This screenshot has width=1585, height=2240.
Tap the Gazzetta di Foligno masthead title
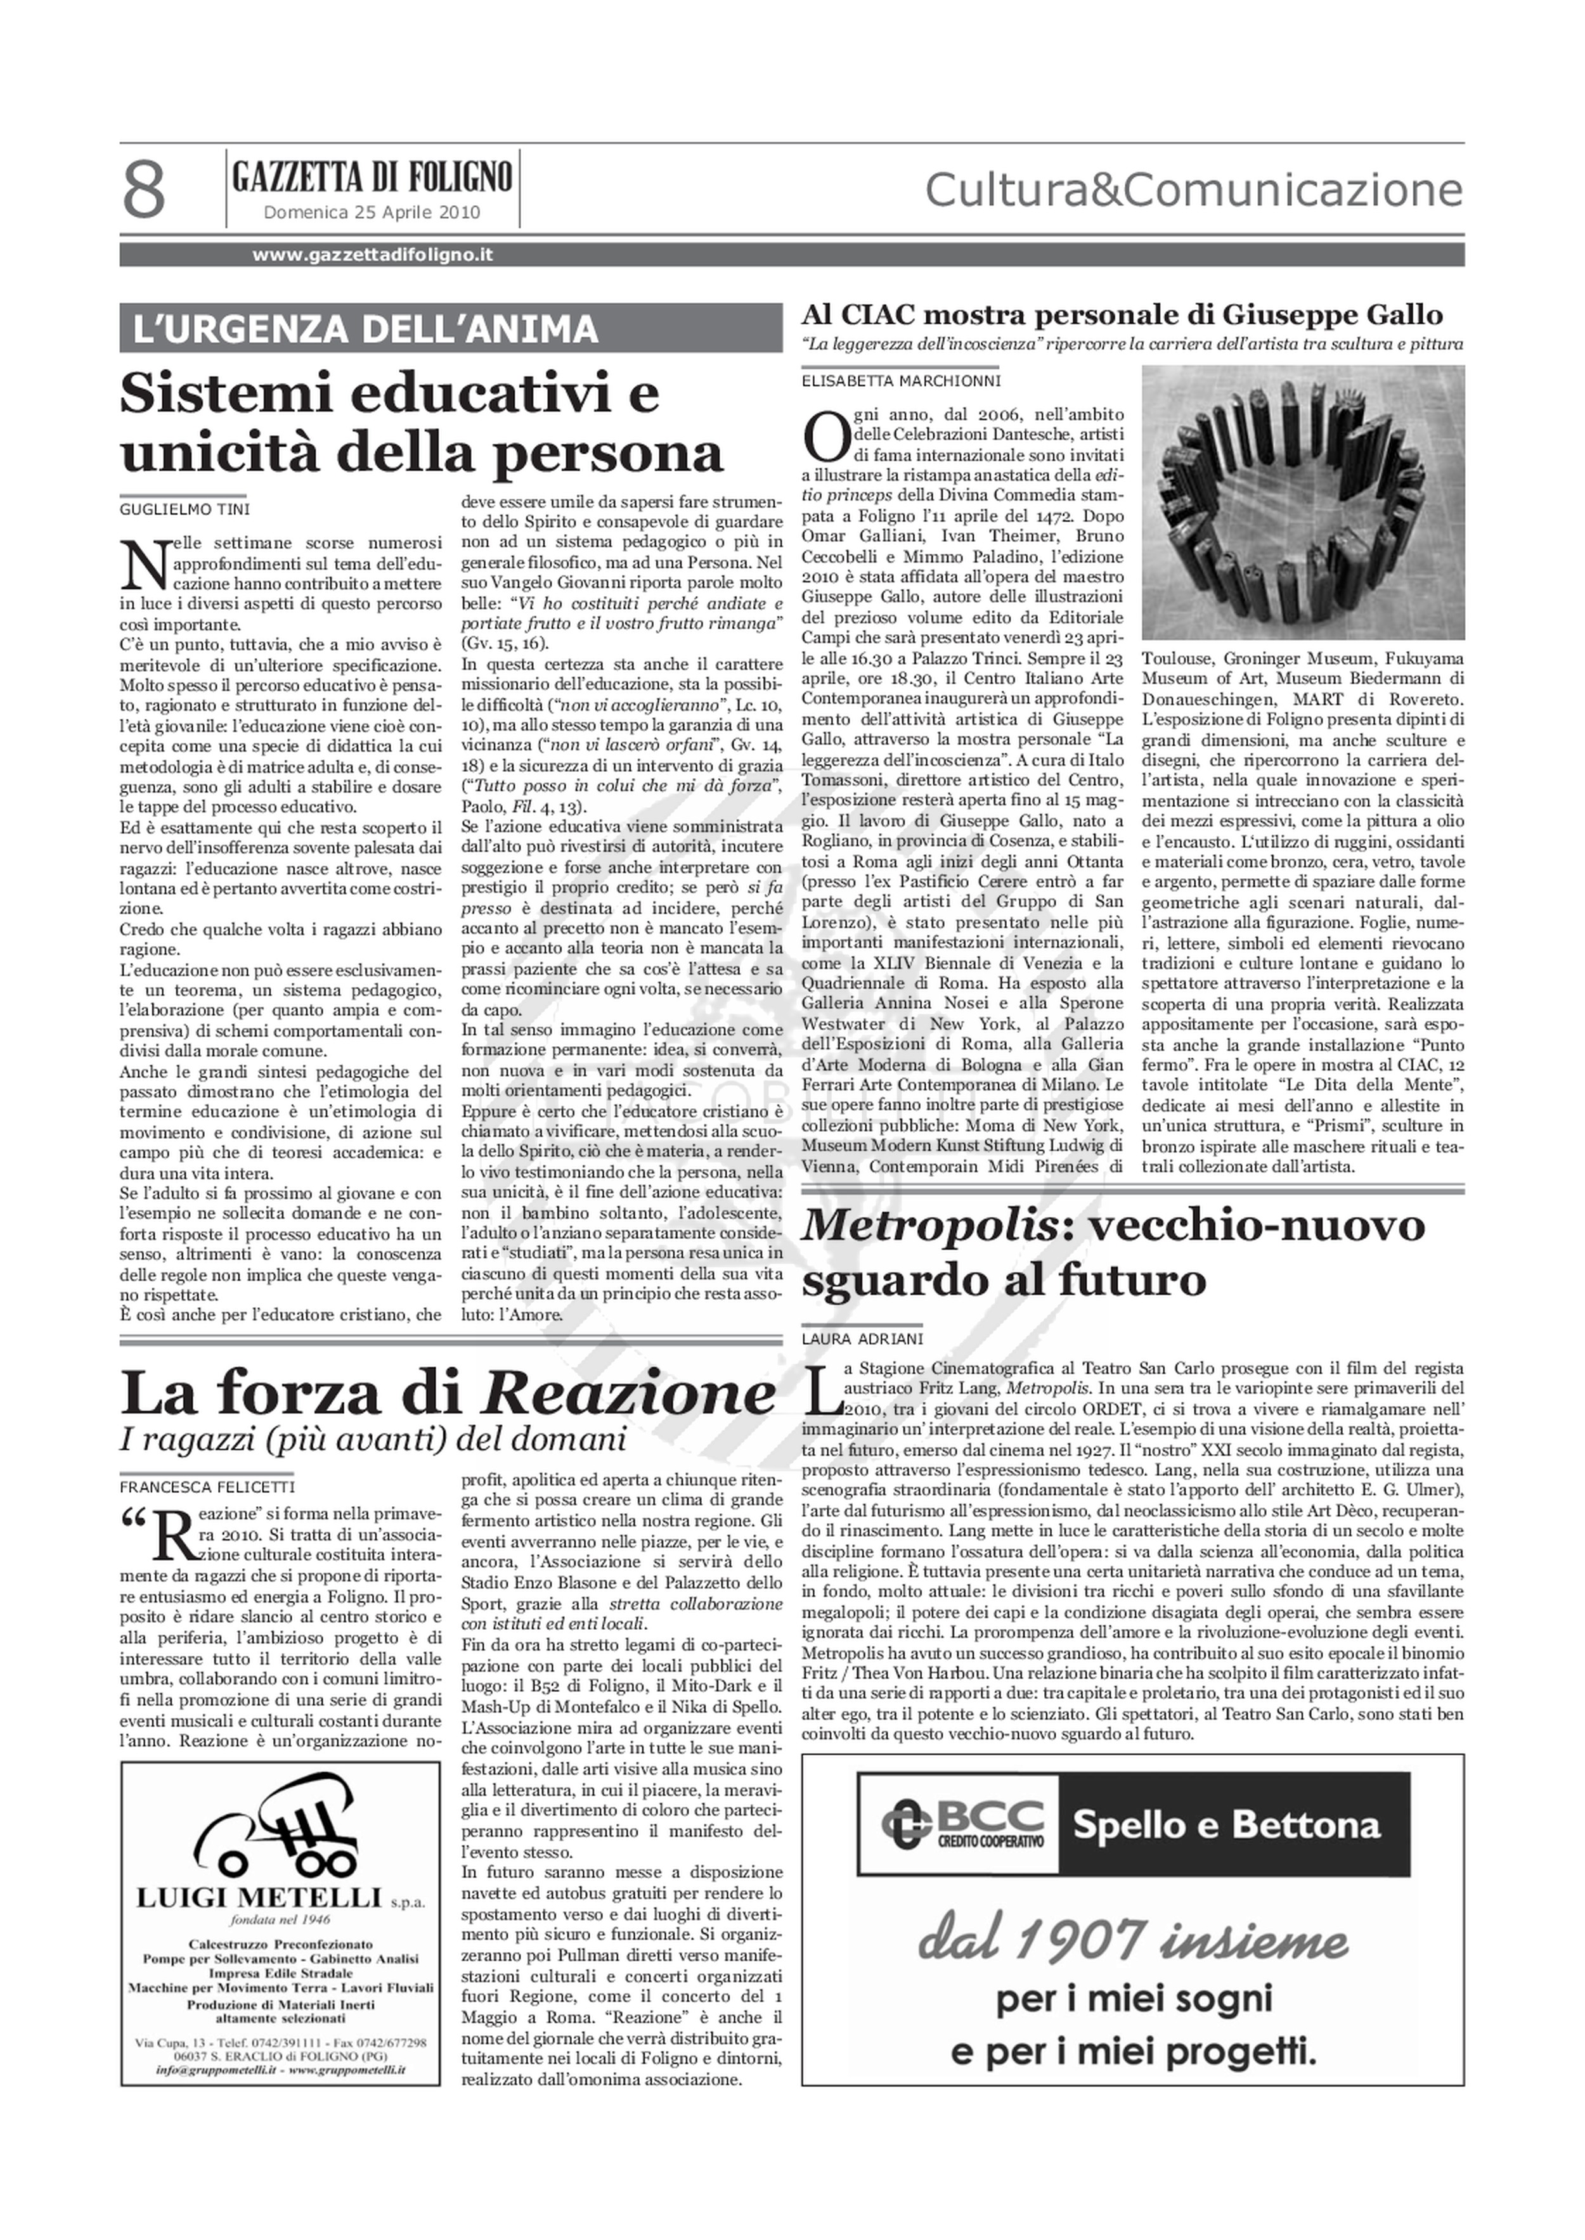372,177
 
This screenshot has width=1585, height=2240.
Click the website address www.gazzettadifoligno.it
372,255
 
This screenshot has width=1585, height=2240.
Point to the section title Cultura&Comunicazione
1193,191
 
